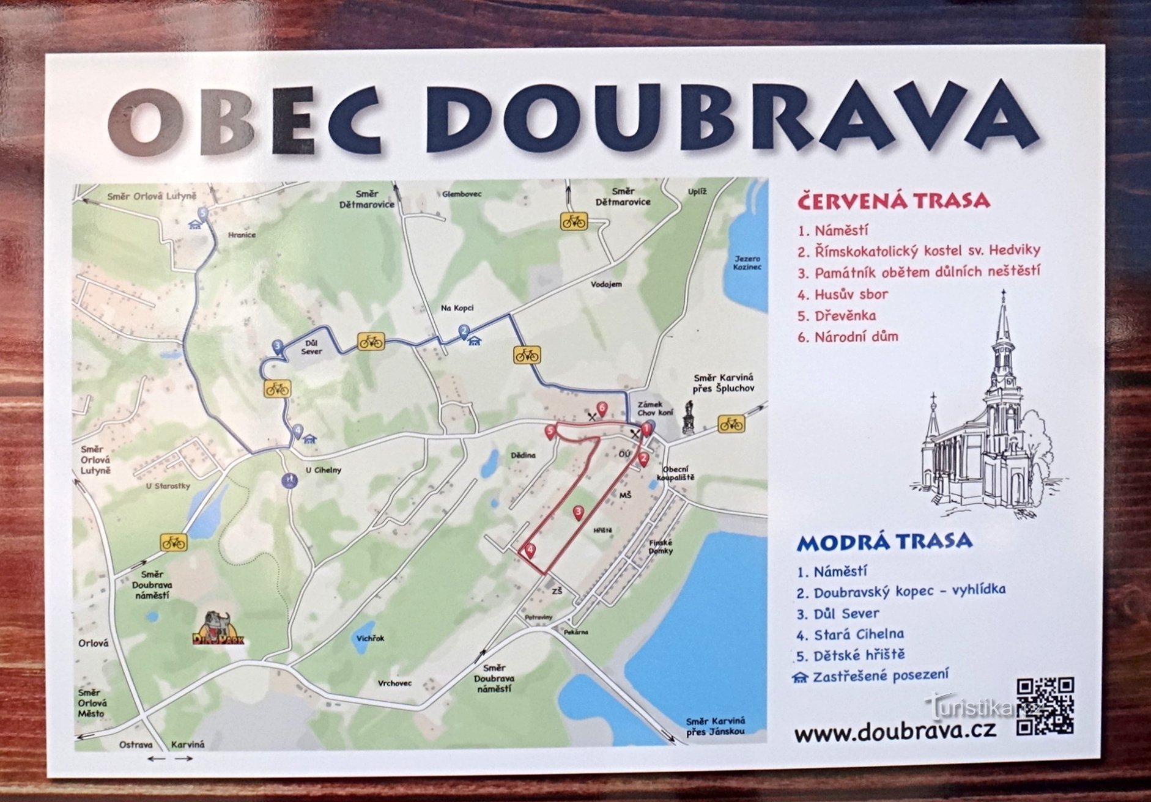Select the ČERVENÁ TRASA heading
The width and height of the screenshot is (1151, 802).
tap(894, 200)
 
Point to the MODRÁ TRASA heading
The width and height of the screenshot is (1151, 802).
tap(884, 540)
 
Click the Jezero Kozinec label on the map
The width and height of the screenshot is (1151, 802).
tap(747, 263)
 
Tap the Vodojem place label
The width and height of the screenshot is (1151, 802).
tap(606, 284)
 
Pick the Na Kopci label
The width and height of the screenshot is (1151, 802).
tap(457, 308)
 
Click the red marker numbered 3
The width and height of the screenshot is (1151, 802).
tap(579, 512)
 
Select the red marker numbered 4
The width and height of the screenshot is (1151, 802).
tap(530, 550)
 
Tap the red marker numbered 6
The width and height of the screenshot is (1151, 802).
tap(602, 408)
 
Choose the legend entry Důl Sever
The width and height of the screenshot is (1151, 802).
tap(846, 613)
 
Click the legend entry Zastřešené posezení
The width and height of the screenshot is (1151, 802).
tap(880, 675)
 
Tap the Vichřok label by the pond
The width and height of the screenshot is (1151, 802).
tap(370, 638)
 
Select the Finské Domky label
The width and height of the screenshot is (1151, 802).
tap(661, 546)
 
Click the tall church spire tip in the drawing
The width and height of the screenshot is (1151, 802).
tap(1003, 293)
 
